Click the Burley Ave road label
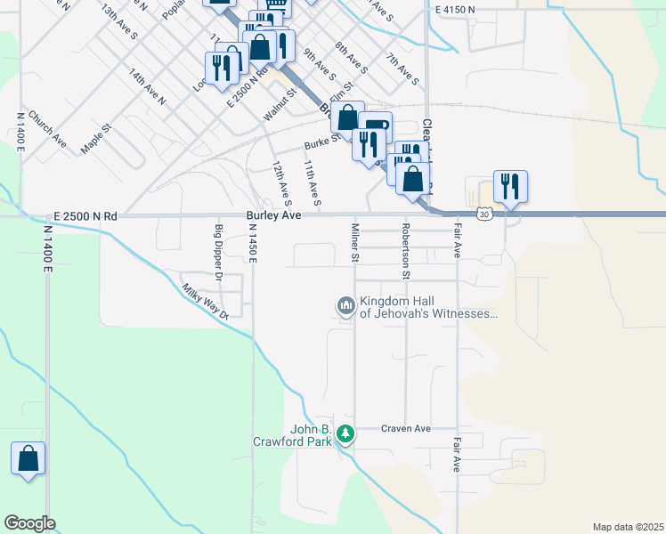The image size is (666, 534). [x=273, y=215]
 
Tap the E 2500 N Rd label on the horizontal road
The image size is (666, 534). [x=85, y=216]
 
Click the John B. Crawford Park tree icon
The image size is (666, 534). [x=345, y=435]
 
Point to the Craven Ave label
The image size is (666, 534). [x=405, y=429]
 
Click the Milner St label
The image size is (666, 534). [x=354, y=243]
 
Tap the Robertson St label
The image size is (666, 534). [x=406, y=251]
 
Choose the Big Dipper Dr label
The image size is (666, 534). [x=218, y=254]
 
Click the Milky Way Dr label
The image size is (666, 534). [x=205, y=301]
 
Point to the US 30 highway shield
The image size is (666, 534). [x=483, y=214]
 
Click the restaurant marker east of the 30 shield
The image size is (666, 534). [x=510, y=187]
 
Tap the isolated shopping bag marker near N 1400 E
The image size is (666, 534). [x=28, y=459]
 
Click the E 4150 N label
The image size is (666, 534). [x=456, y=9]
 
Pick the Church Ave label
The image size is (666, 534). [x=47, y=128]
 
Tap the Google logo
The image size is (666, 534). [x=29, y=523]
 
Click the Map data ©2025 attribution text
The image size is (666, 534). [x=628, y=527]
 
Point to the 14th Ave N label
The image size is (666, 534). [x=147, y=86]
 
